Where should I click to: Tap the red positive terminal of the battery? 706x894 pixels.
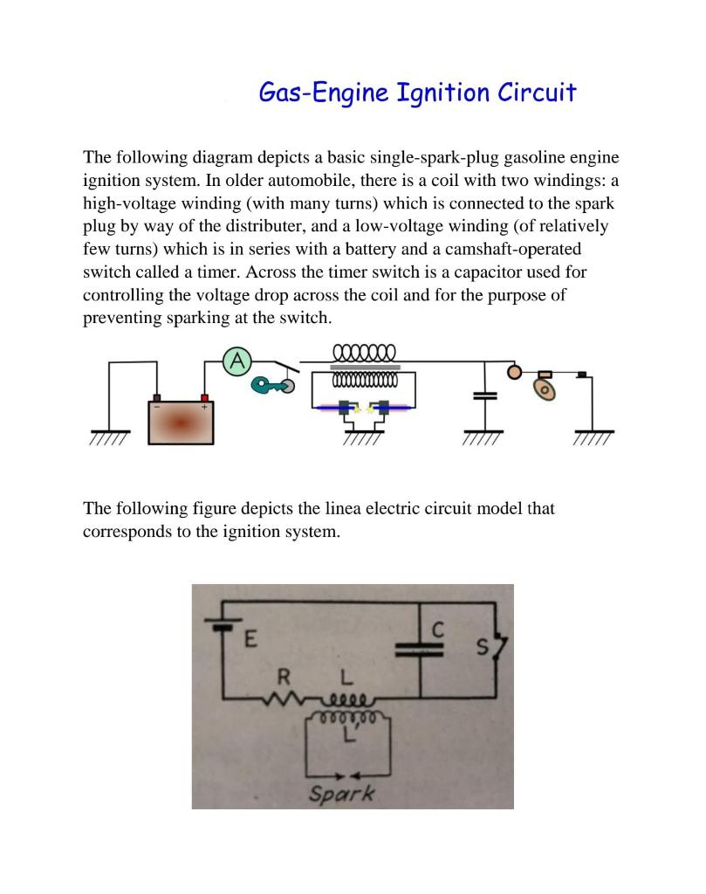coord(206,399)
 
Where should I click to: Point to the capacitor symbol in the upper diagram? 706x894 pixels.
coord(484,396)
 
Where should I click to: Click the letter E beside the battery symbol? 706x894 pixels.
coord(250,639)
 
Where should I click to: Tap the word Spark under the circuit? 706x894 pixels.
coord(342,794)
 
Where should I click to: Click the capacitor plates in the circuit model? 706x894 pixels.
coord(420,648)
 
